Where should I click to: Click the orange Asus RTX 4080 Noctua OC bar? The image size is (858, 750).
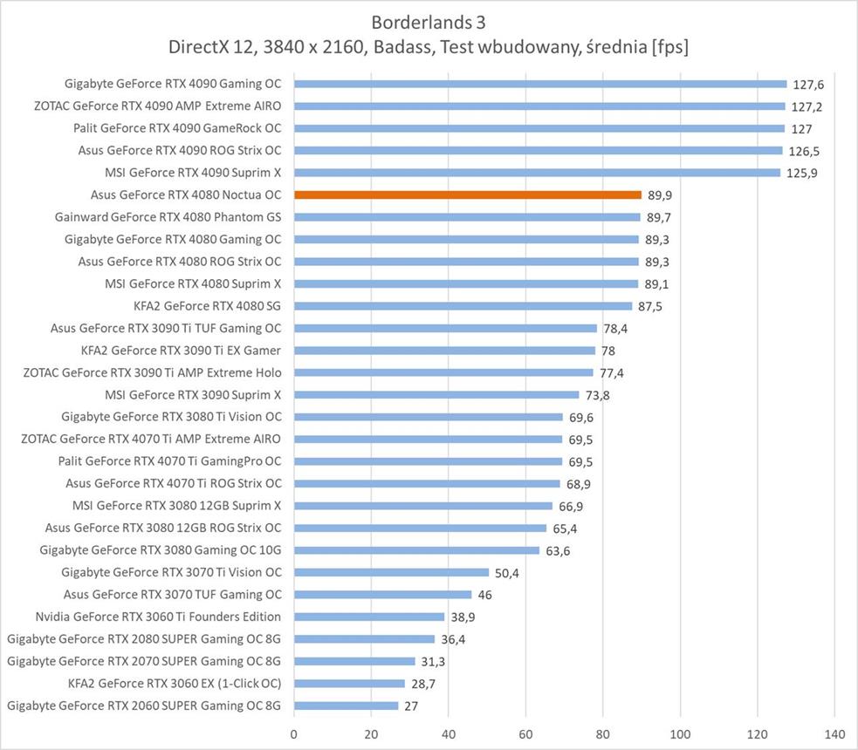tap(468, 195)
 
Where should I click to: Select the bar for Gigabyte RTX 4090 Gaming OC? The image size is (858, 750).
tap(540, 85)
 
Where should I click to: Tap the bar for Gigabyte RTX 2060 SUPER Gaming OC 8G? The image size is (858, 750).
tap(346, 706)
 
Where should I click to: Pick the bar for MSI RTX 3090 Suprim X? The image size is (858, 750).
tap(436, 395)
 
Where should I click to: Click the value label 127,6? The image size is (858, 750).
tap(808, 85)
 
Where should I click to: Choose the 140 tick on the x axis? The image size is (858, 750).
tap(834, 733)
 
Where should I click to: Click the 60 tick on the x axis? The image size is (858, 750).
tap(525, 733)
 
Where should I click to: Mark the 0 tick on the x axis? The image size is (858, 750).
tap(294, 733)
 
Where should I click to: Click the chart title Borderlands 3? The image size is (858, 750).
tap(429, 21)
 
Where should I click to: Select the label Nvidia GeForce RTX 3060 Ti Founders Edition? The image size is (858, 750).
tap(158, 617)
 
